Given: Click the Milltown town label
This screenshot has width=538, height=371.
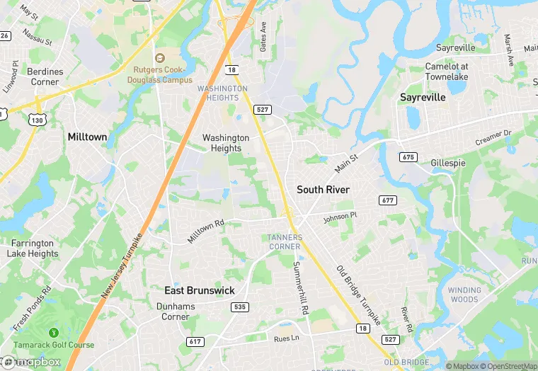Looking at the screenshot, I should (86, 136).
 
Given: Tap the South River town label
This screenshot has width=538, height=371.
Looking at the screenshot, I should (323, 190).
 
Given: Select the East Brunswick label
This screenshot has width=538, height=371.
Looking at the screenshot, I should (200, 290).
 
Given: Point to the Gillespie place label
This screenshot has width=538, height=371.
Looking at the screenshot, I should (448, 163).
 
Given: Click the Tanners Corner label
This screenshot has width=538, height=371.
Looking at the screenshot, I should (285, 241).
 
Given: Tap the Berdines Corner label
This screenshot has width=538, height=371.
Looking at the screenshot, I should (45, 76).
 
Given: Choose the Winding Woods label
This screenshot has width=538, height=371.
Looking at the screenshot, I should (464, 295).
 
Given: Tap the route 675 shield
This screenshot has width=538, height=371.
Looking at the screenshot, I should (407, 156).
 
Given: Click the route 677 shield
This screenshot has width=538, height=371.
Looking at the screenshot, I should (387, 200).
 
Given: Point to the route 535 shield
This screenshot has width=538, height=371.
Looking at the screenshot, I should (239, 307).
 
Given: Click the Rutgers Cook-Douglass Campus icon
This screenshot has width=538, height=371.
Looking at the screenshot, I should (159, 58).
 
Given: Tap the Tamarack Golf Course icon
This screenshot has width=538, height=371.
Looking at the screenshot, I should (52, 333).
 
